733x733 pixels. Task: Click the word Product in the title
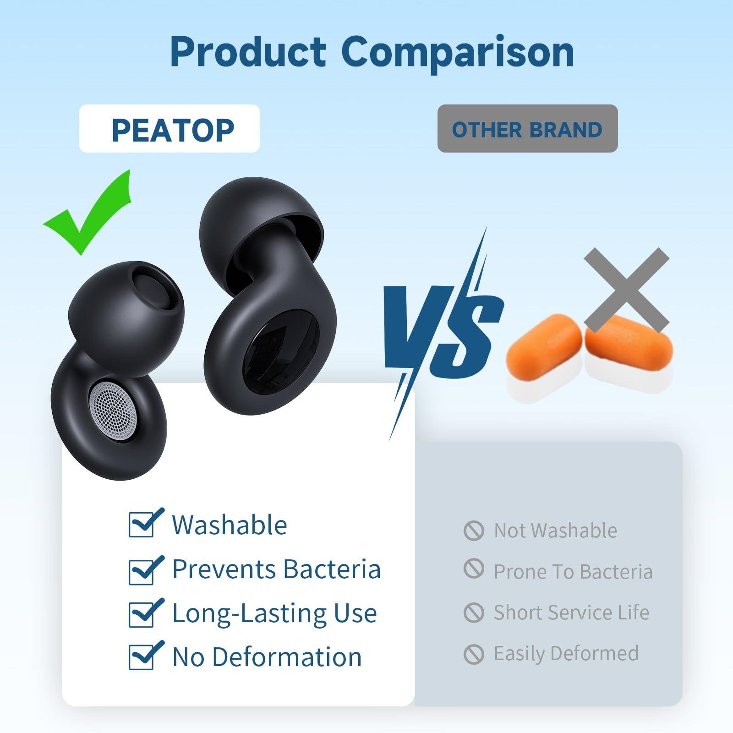248,52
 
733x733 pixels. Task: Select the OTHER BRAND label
527,129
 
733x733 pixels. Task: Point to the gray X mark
627,290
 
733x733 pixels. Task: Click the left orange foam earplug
540,341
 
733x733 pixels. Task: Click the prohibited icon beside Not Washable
474,531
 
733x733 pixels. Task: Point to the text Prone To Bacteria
573,572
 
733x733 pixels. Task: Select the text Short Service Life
571,613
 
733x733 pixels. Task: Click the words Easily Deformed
566,653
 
